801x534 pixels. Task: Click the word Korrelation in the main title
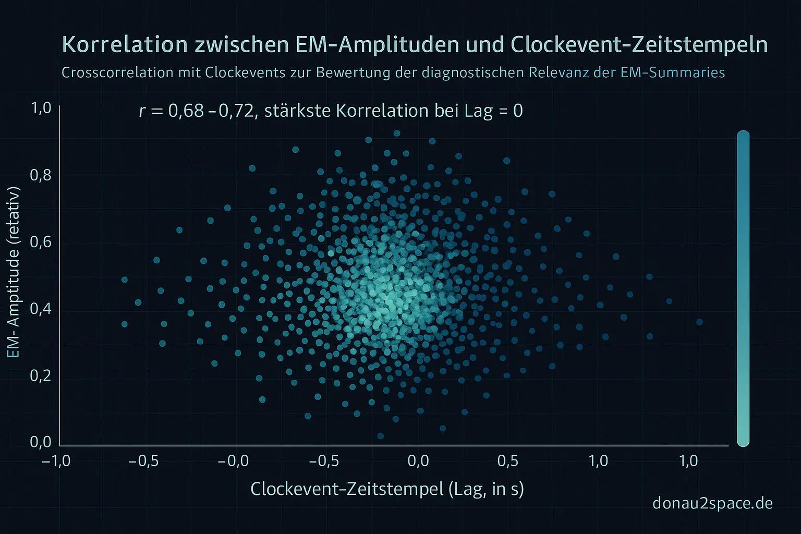(125, 45)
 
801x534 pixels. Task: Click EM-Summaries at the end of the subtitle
(673, 72)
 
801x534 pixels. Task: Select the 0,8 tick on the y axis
(41, 175)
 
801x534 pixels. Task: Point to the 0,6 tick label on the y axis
(41, 242)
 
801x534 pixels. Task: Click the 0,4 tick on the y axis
(41, 309)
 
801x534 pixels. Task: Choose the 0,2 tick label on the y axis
(41, 375)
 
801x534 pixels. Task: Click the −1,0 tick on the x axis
(56, 462)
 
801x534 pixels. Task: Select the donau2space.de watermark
(712, 503)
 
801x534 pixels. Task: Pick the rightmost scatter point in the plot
(699, 322)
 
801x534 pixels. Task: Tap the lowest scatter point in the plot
(380, 436)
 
